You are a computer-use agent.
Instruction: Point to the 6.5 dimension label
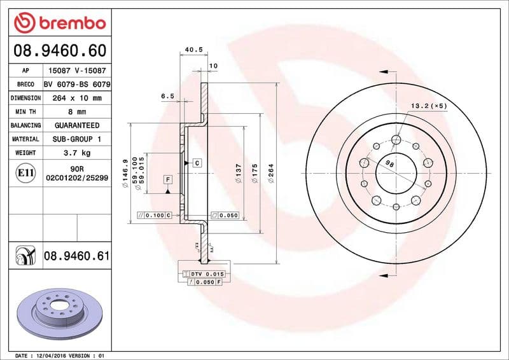coord(167,95)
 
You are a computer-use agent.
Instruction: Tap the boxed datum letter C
coord(197,163)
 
